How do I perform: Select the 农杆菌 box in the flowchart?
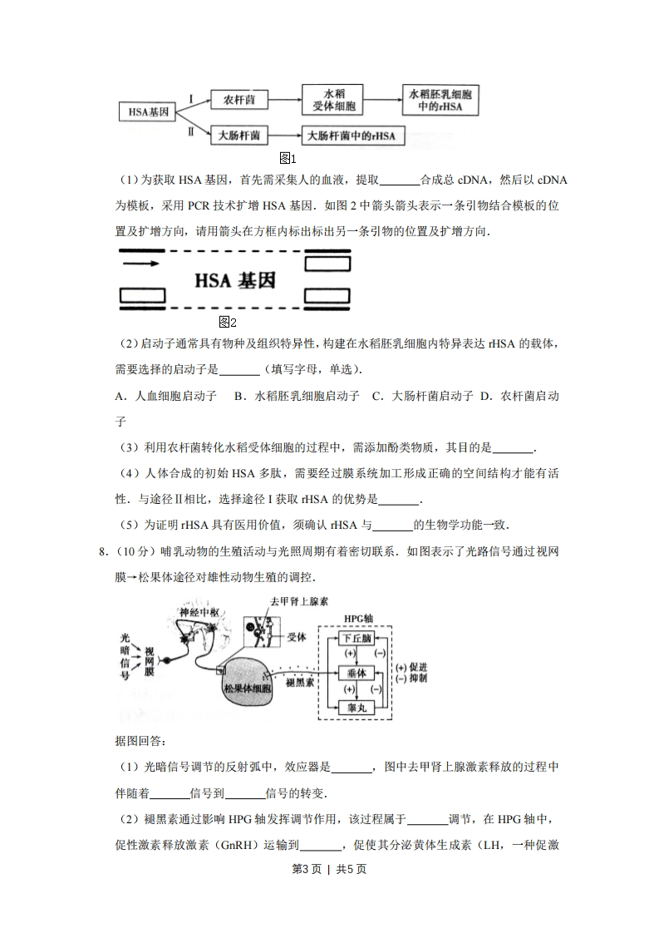point(239,100)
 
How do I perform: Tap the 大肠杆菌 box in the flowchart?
point(239,134)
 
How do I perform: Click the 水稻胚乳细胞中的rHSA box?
point(441,100)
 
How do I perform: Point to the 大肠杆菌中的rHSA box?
point(352,135)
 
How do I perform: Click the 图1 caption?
point(288,157)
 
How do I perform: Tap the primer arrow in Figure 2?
point(141,264)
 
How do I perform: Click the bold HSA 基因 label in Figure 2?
point(235,280)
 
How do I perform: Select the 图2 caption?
point(227,322)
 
